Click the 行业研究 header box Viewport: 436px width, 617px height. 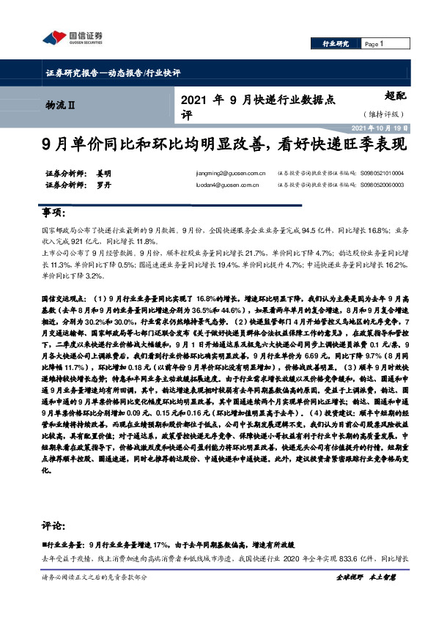(x=336, y=44)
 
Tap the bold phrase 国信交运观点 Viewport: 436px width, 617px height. (x=61, y=299)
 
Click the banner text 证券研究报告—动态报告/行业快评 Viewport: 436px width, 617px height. (x=113, y=73)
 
